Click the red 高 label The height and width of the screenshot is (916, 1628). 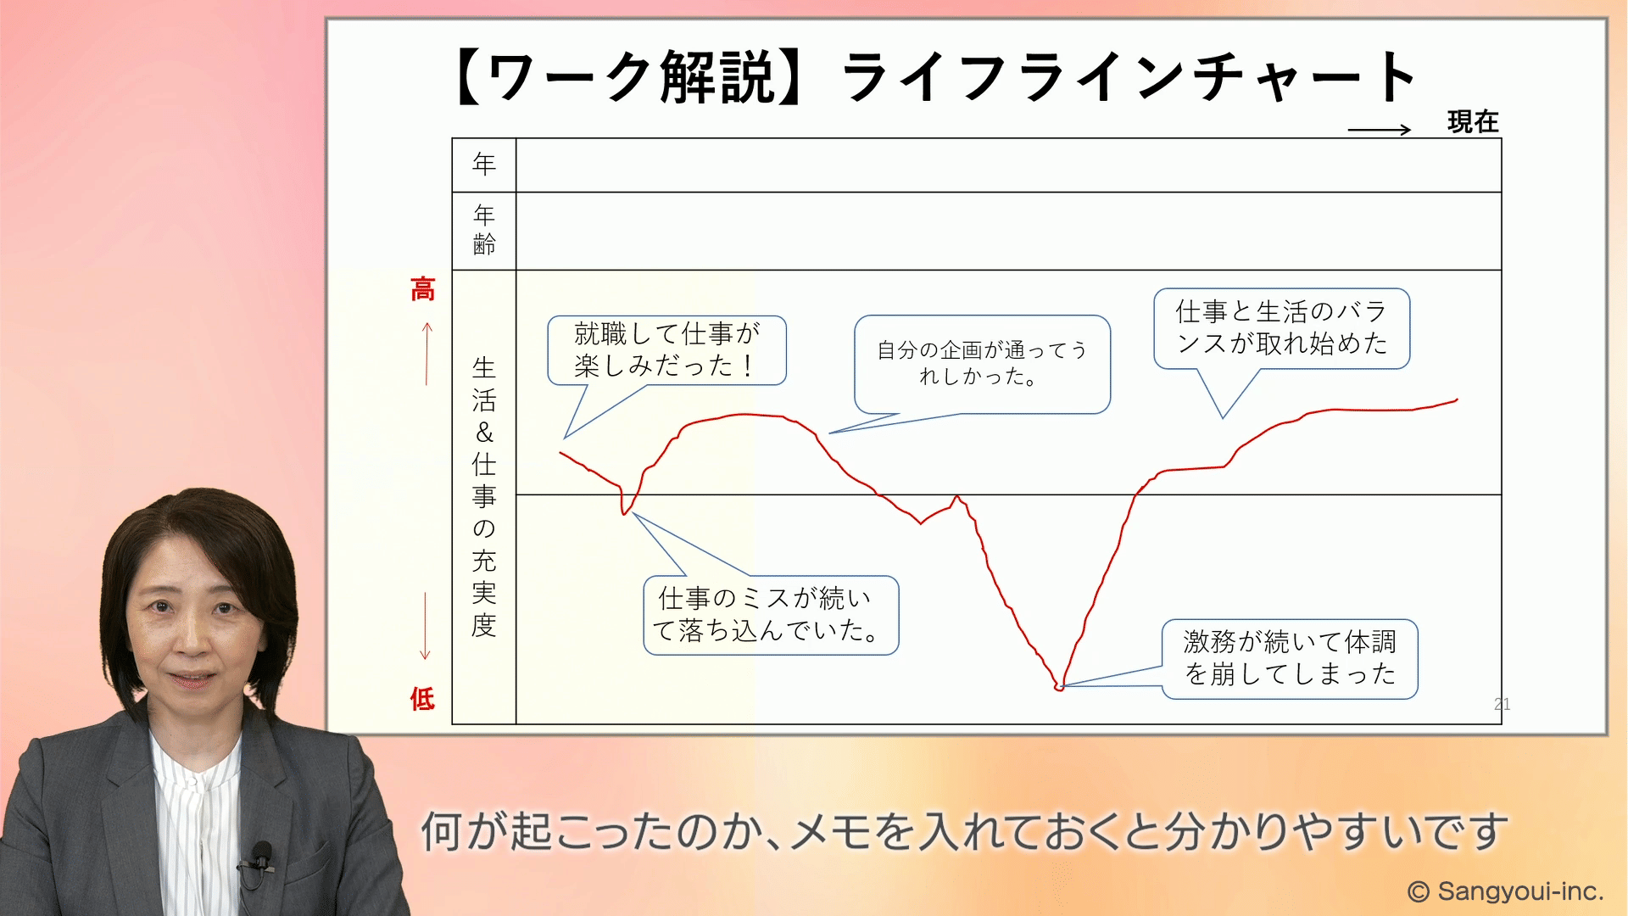(x=422, y=289)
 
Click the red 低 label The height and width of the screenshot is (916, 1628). (x=422, y=699)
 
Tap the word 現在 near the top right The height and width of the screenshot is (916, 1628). (x=1473, y=122)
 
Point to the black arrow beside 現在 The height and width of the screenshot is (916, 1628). (x=1379, y=130)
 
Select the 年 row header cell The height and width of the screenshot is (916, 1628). (x=484, y=165)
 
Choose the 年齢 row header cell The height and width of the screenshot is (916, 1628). (x=484, y=231)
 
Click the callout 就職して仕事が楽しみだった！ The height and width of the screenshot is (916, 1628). (x=666, y=350)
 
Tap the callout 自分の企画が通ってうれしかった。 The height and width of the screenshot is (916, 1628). (x=982, y=364)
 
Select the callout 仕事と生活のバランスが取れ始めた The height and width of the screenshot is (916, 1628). (x=1281, y=328)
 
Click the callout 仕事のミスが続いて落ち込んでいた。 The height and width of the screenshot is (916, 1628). (x=771, y=615)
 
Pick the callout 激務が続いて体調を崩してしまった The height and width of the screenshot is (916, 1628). (x=1290, y=659)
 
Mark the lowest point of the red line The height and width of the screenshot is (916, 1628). (x=1058, y=688)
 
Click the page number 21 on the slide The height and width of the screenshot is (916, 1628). (x=1502, y=704)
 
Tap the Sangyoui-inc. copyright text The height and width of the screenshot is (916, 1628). (x=1505, y=891)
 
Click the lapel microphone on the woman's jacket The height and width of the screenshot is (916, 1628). (x=259, y=857)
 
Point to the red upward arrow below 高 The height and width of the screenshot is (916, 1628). (x=427, y=354)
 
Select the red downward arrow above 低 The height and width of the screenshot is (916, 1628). (x=426, y=626)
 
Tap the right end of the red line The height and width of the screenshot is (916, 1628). (x=1457, y=399)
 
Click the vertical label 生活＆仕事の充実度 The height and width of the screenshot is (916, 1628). (x=484, y=496)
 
